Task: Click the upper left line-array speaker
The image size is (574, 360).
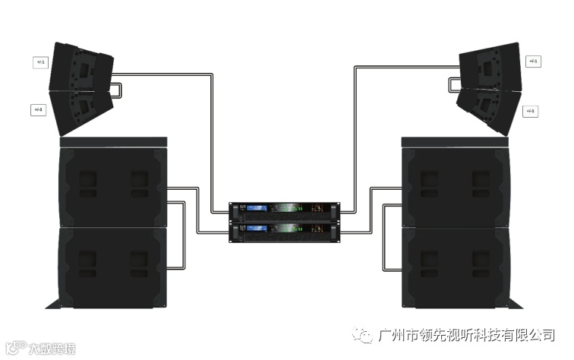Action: [80, 69]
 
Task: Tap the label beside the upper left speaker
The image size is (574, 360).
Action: [40, 62]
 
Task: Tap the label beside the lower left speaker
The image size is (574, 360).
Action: [38, 110]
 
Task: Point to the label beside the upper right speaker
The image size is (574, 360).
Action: [533, 62]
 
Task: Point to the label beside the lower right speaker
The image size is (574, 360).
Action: [531, 111]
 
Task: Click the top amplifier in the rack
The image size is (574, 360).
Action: [285, 209]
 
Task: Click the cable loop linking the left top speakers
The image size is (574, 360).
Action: [118, 90]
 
